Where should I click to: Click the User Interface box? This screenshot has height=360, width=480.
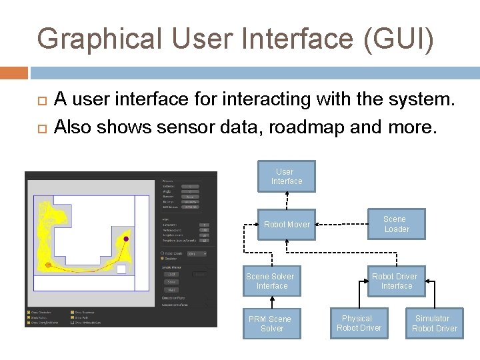tap(287, 177)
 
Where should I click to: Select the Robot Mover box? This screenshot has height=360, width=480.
tap(287, 225)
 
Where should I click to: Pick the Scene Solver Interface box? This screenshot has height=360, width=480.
tap(271, 281)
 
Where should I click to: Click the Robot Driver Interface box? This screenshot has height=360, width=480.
tap(395, 281)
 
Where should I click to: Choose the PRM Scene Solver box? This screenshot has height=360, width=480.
tap(271, 323)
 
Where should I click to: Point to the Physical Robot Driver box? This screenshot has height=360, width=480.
tap(359, 323)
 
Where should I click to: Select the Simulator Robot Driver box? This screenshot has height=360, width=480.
tap(434, 323)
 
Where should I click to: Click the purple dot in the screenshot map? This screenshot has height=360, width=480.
tap(126, 238)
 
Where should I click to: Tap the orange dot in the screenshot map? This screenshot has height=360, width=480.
tap(48, 265)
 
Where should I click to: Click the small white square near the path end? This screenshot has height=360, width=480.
tap(121, 269)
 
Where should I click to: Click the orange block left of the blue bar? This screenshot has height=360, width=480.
tap(14, 72)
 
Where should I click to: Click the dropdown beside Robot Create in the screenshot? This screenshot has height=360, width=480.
tap(196, 253)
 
